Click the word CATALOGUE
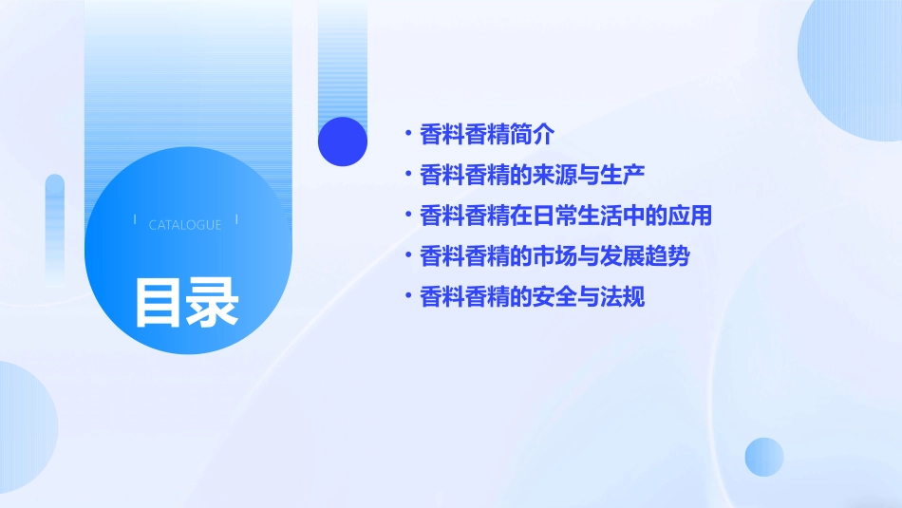click(185, 225)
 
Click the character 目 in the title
click(158, 302)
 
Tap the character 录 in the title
click(213, 302)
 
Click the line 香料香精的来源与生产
click(532, 175)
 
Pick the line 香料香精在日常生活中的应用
click(565, 216)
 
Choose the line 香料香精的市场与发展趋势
click(554, 256)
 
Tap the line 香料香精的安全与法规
click(532, 297)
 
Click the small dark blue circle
click(343, 141)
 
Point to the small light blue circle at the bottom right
click(764, 457)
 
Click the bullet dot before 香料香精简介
click(407, 134)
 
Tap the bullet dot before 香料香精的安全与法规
click(407, 297)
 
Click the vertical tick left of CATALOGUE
click(134, 220)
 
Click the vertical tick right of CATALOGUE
click(236, 220)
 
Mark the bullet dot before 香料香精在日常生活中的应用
click(407, 216)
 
